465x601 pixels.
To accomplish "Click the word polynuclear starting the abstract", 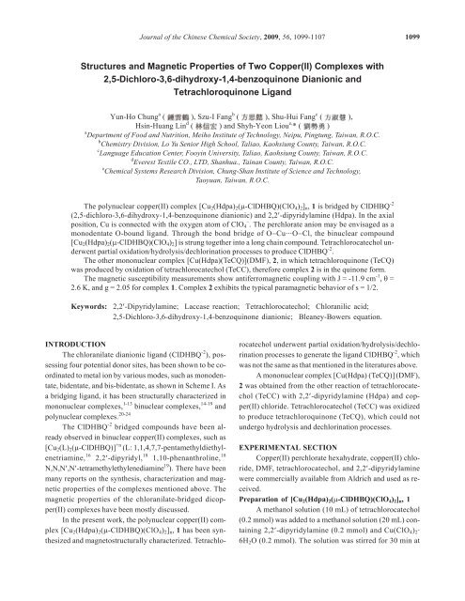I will (101, 230).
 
